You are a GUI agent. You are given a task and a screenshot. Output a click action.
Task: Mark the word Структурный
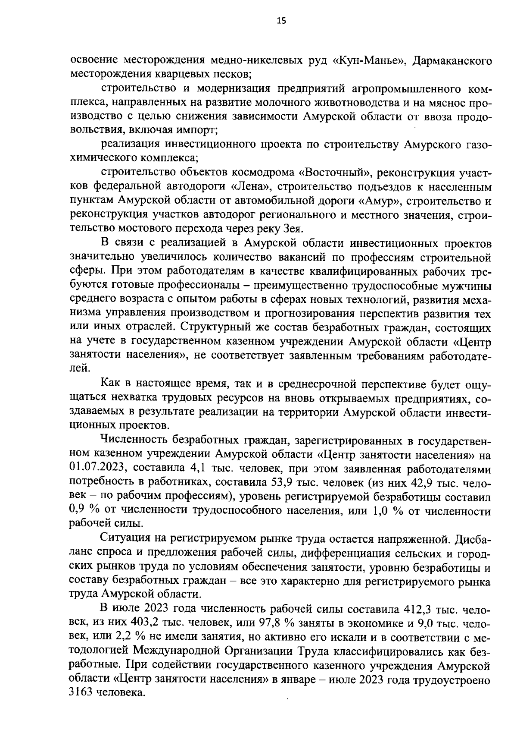[228, 328]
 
